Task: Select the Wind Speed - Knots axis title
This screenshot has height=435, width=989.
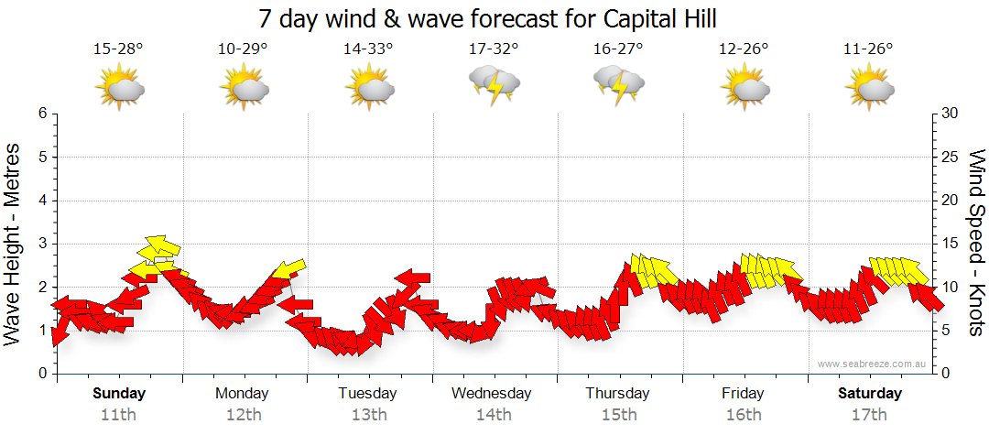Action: pyautogui.click(x=974, y=244)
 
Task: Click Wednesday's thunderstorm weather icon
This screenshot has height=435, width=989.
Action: pyautogui.click(x=494, y=85)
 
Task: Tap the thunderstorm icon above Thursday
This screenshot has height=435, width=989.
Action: pyautogui.click(x=619, y=85)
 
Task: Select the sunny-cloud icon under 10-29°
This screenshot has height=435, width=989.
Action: pyautogui.click(x=244, y=88)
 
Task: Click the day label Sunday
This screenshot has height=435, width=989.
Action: pyautogui.click(x=119, y=394)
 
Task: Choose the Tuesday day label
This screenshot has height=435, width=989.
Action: pyautogui.click(x=367, y=394)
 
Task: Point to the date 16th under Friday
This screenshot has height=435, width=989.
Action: pyautogui.click(x=743, y=414)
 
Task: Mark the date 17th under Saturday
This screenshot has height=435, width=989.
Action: pyautogui.click(x=868, y=414)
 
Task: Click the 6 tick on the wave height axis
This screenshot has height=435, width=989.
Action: pyautogui.click(x=42, y=114)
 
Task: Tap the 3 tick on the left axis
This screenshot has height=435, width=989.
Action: pyautogui.click(x=42, y=244)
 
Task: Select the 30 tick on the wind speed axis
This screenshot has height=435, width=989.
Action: pyautogui.click(x=951, y=114)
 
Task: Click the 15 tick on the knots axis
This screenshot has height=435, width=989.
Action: pyautogui.click(x=951, y=244)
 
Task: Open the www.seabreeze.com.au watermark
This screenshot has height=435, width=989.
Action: pyautogui.click(x=874, y=364)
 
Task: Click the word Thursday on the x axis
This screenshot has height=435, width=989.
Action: pyautogui.click(x=618, y=394)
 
